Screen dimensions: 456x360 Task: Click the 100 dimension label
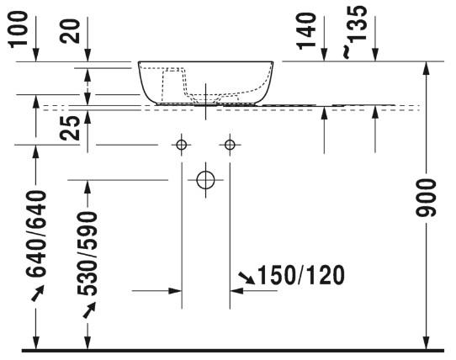click(18, 29)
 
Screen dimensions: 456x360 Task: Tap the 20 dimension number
click(70, 31)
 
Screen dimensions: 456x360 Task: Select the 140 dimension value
click(306, 31)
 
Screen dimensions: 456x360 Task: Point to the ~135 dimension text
click(354, 32)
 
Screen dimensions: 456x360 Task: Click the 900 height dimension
click(426, 198)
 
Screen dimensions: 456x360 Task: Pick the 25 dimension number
click(70, 128)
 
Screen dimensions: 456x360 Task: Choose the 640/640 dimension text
click(36, 233)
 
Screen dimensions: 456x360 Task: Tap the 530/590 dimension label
click(87, 253)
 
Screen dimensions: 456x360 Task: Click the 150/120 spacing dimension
click(301, 275)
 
